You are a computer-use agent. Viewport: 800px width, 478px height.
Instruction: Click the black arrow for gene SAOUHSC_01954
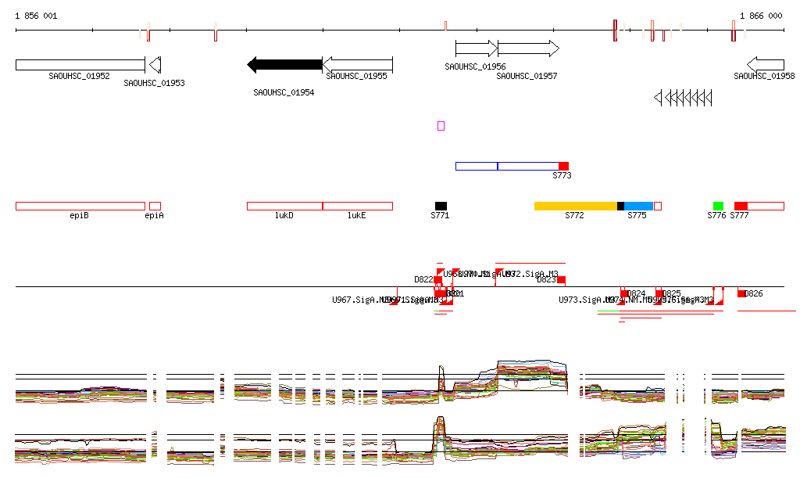[284, 64]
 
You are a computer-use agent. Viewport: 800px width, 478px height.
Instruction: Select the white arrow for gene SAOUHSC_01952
[80, 64]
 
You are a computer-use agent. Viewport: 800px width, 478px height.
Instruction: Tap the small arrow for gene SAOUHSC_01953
[155, 64]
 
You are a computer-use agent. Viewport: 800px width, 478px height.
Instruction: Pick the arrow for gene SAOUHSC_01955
[357, 64]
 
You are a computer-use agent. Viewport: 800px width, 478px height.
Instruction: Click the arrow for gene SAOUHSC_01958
[766, 64]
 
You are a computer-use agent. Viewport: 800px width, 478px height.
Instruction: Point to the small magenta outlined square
[441, 126]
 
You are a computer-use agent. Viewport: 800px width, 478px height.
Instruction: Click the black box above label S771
[441, 206]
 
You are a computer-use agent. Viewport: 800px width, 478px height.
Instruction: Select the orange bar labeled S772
[575, 206]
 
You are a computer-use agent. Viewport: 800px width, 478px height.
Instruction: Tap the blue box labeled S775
[638, 206]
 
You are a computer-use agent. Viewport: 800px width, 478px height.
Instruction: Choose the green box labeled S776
[718, 206]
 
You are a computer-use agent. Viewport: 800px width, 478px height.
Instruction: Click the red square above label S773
[563, 166]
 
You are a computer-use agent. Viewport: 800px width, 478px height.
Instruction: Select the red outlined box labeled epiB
[80, 206]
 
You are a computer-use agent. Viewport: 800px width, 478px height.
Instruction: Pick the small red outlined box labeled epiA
[155, 206]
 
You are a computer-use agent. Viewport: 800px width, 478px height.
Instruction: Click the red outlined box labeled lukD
[284, 206]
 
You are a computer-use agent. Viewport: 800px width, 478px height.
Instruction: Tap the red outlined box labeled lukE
[357, 206]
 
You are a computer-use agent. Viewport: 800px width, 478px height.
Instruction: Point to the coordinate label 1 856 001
[36, 16]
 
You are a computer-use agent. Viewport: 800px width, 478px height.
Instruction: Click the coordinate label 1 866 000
[761, 16]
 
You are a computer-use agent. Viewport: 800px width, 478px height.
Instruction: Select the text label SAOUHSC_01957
[527, 76]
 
